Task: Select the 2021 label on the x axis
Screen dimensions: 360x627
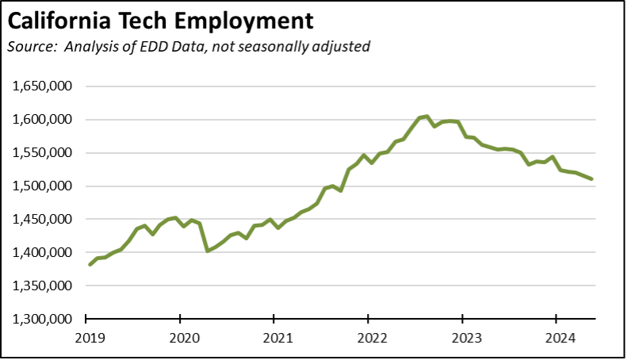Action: click(273, 337)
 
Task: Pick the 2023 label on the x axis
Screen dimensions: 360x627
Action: click(461, 337)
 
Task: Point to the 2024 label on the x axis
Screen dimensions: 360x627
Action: click(556, 337)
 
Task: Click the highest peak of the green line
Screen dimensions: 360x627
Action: click(426, 117)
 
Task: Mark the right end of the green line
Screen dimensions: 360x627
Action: click(592, 179)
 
